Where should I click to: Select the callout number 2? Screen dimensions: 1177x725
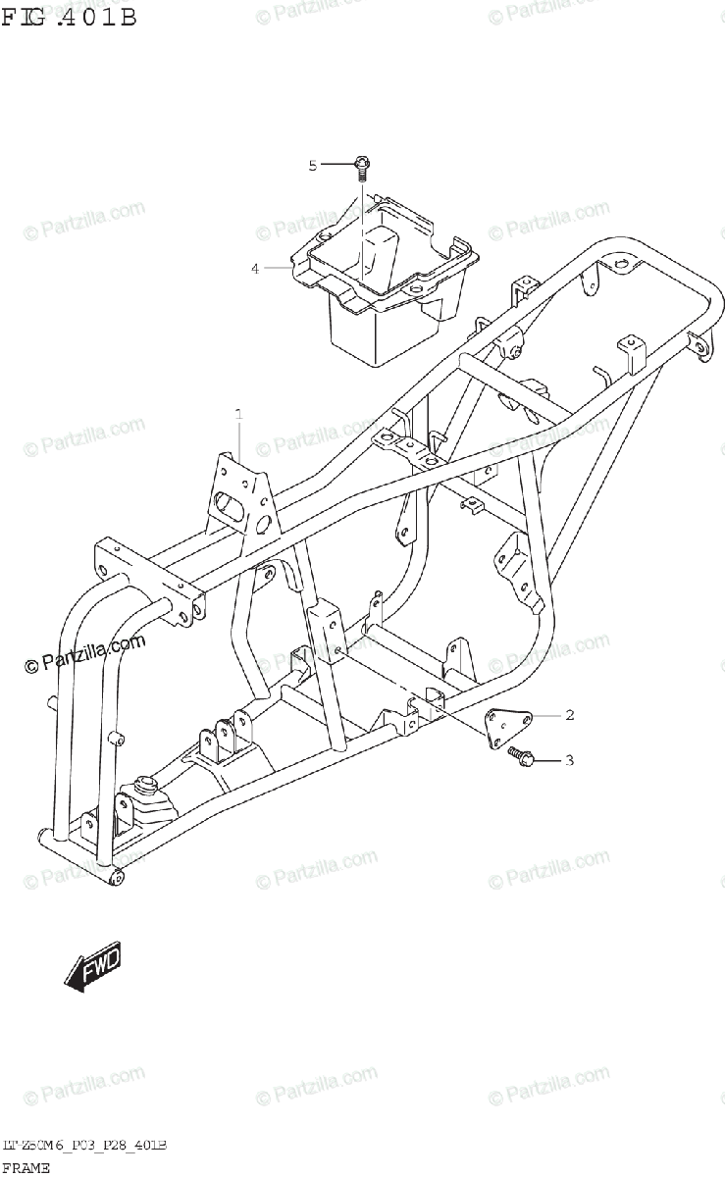[x=570, y=715]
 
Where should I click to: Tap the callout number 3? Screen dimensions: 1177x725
[x=570, y=760]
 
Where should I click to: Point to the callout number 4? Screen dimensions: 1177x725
[x=255, y=268]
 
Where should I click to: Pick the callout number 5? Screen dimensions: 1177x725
[x=314, y=166]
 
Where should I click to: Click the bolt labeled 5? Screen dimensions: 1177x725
[x=361, y=169]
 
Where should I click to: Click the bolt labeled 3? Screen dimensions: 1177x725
[x=518, y=755]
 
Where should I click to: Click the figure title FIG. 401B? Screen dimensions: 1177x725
[x=69, y=17]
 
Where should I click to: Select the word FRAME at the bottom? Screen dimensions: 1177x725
[x=26, y=1167]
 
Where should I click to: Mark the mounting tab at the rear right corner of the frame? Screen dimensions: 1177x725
[x=699, y=345]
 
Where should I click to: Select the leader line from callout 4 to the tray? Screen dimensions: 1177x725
[x=277, y=267]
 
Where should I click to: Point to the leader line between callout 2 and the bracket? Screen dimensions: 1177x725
[x=545, y=716]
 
